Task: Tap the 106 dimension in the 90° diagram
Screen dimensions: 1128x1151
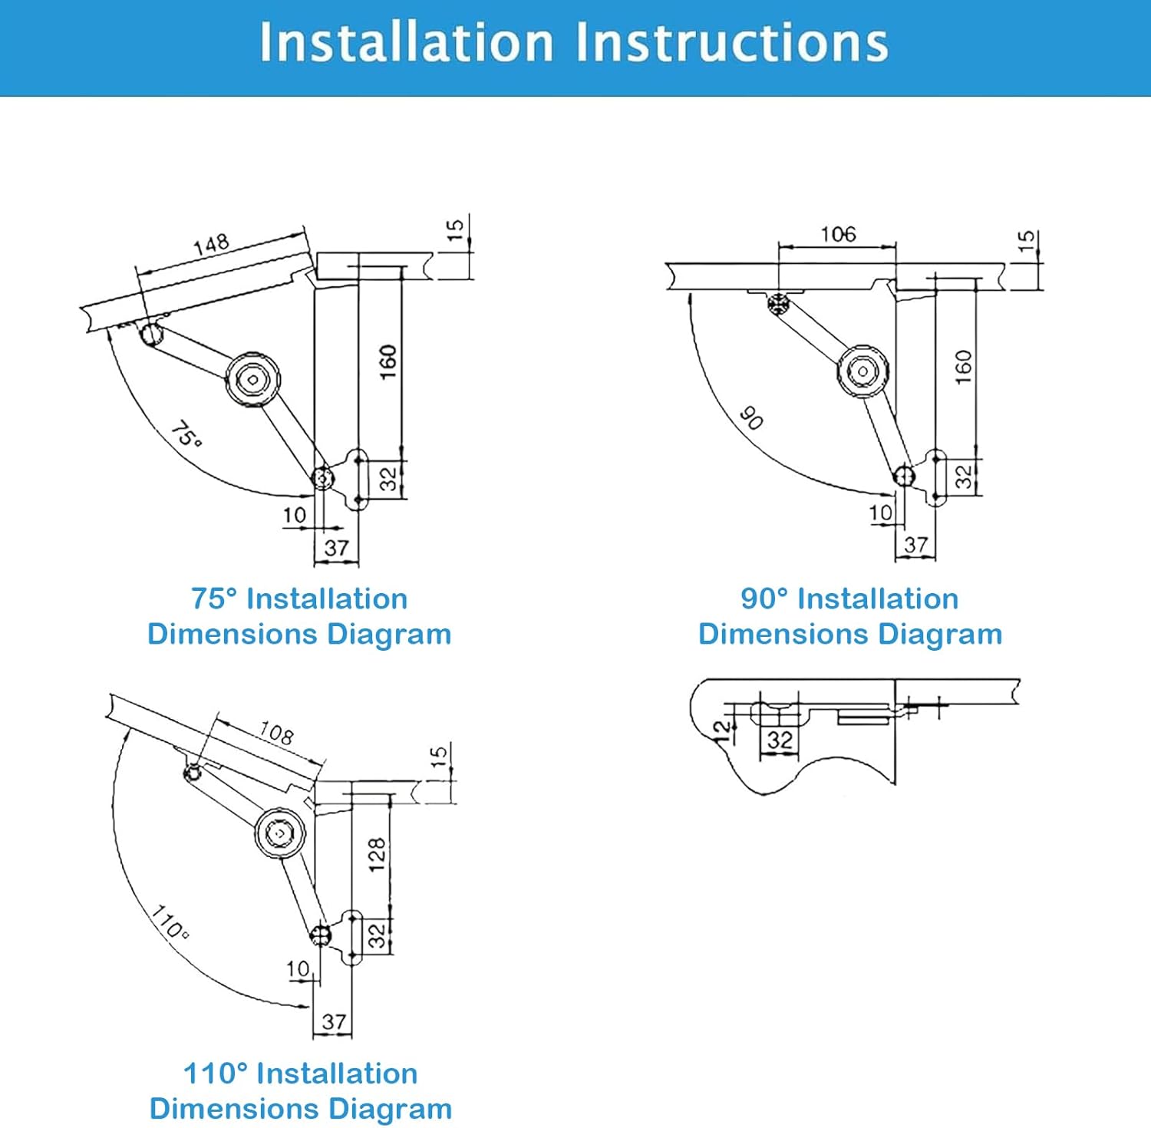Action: [838, 234]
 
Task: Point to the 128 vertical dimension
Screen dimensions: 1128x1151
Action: [377, 854]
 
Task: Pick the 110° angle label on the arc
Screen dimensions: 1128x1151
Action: [169, 922]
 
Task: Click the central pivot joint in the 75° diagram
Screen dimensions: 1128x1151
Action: [252, 378]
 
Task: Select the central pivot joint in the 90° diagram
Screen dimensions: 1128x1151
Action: [863, 371]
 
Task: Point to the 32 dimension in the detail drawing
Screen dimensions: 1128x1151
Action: [780, 740]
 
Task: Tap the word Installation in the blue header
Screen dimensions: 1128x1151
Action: [406, 42]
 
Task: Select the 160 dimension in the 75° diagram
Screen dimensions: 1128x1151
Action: [388, 361]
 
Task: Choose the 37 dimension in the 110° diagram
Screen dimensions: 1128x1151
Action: [334, 1021]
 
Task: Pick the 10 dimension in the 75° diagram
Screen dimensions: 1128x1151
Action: [295, 515]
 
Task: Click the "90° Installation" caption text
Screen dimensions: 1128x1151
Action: [849, 599]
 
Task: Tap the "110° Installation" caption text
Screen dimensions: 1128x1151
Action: [300, 1073]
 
